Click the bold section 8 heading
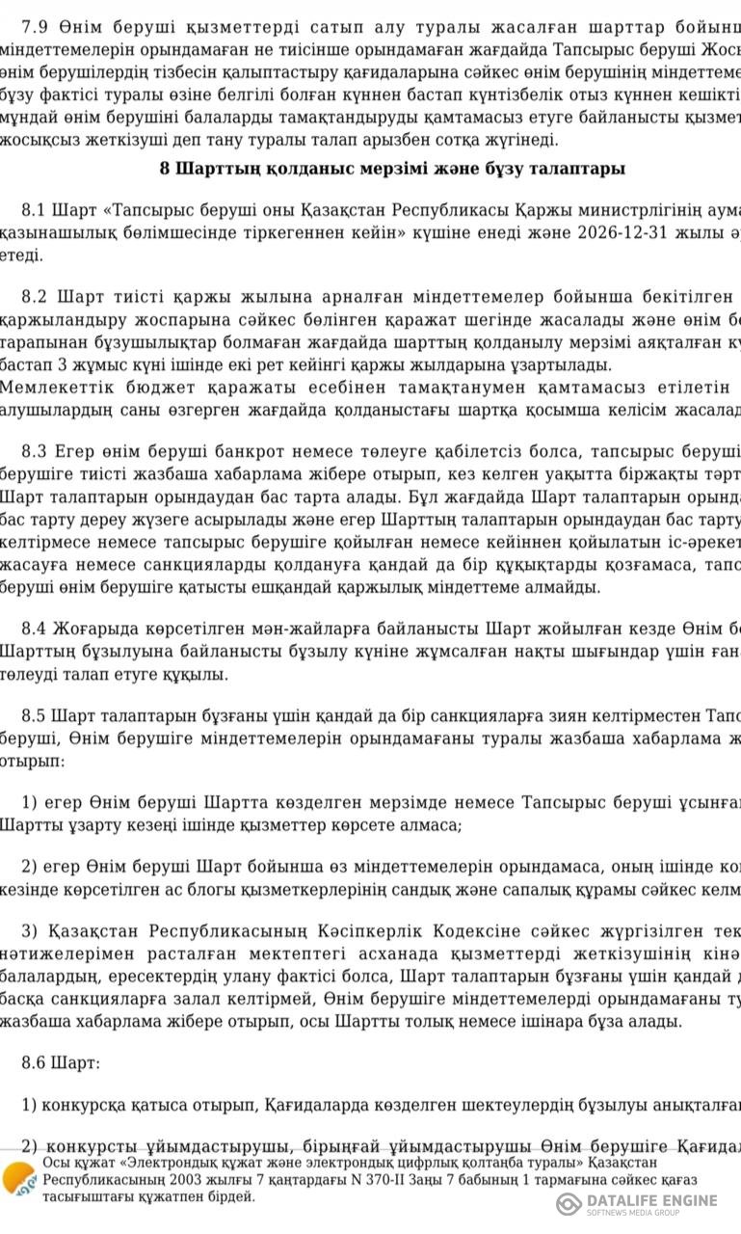point(392,169)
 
